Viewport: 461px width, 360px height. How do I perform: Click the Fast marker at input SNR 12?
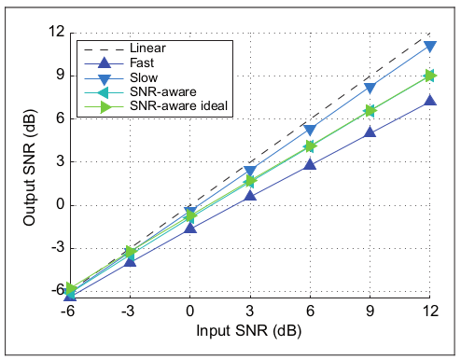point(429,100)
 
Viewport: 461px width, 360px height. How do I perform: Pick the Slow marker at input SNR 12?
point(429,46)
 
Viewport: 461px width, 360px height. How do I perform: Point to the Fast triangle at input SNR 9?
point(370,132)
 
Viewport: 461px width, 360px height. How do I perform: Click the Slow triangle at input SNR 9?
point(370,89)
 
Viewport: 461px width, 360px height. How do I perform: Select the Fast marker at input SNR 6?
point(310,164)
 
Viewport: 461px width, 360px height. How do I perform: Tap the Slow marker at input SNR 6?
point(310,130)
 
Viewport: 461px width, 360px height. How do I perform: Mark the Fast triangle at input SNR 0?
point(190,227)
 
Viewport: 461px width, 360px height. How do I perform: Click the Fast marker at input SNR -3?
point(131,260)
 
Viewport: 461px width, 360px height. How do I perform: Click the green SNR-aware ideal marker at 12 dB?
point(429,76)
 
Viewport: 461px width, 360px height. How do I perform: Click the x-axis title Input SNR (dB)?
point(249,330)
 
